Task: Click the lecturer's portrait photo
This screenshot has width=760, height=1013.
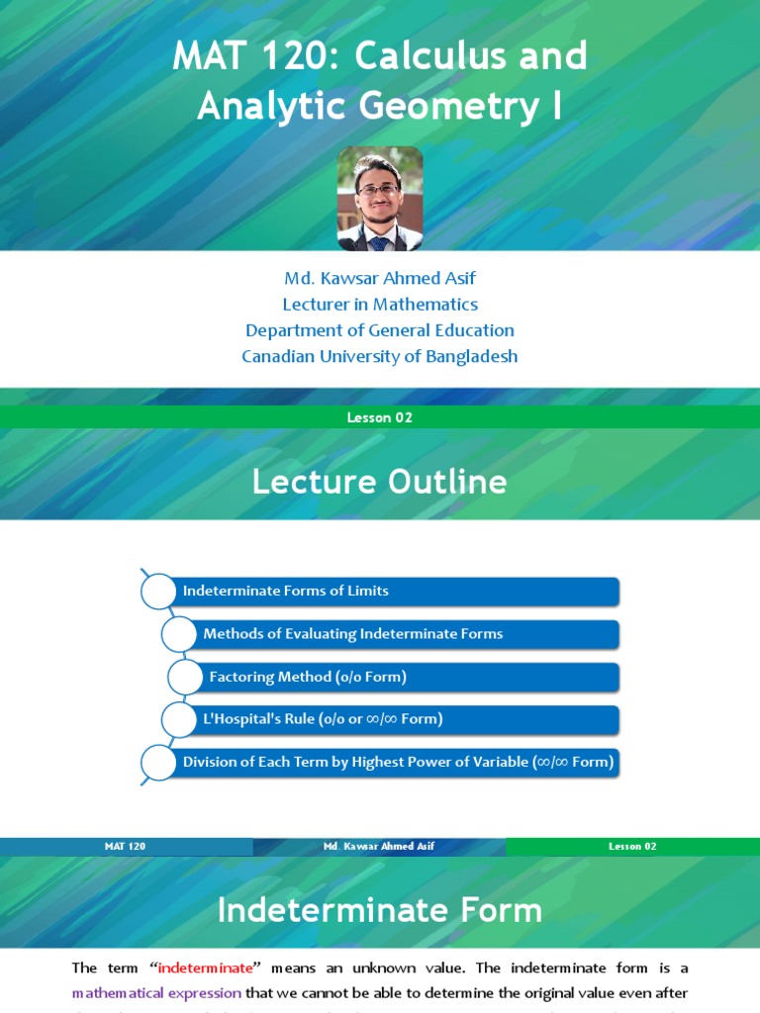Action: point(380,199)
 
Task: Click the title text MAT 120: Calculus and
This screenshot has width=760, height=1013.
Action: point(380,56)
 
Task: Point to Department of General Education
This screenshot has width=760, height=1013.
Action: point(380,329)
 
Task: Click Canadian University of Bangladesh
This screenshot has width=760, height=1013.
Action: point(380,355)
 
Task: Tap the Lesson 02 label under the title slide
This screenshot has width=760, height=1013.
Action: point(380,417)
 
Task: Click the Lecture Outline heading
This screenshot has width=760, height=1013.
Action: point(380,482)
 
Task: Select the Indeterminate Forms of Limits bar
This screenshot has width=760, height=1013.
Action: point(396,592)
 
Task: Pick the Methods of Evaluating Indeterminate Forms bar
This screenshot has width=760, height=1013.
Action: point(406,634)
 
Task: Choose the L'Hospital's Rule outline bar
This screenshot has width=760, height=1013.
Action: point(406,719)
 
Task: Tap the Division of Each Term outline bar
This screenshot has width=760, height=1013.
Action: point(396,762)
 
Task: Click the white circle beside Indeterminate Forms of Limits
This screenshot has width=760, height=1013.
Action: point(157,592)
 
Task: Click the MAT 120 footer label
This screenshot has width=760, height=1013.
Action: point(126,847)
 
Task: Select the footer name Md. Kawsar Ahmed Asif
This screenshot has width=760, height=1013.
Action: point(379,847)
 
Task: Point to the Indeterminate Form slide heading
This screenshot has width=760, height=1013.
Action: point(380,910)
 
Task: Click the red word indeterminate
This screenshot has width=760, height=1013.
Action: point(206,968)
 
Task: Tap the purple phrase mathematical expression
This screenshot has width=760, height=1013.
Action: point(156,992)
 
